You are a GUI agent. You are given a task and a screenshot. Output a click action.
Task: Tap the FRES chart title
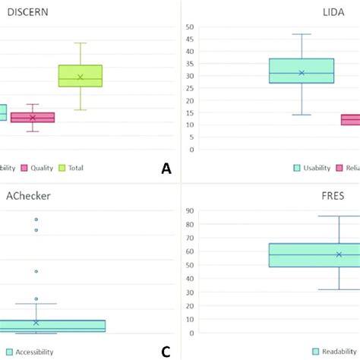pos(333,195)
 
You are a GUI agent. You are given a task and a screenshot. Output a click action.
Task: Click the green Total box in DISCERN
pos(81,76)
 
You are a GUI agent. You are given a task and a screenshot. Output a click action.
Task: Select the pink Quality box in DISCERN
pos(32,118)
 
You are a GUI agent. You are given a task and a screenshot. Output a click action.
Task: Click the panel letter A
pos(166,169)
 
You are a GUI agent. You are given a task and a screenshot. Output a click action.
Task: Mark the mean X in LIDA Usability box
pos(302,73)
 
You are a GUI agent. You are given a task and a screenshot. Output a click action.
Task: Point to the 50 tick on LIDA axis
pos(188,27)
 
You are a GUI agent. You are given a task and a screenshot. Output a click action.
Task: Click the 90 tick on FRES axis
pos(188,210)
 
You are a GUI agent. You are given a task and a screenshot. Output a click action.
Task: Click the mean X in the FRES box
pos(339,254)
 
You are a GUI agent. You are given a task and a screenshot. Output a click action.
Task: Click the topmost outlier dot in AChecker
pos(36,219)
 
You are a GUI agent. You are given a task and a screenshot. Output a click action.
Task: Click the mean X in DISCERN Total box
pos(81,77)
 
